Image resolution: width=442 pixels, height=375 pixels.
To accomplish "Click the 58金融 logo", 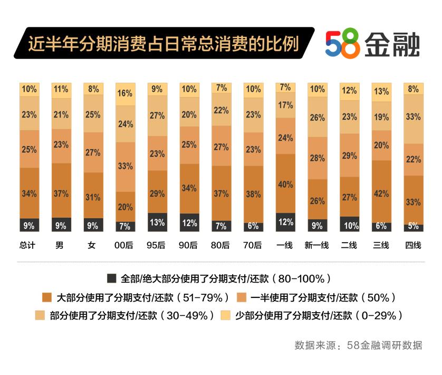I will point(372,43).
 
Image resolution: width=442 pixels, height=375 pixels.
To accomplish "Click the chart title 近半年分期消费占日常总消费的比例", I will point(163,44).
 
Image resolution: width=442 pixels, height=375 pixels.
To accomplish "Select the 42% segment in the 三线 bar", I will point(381,193).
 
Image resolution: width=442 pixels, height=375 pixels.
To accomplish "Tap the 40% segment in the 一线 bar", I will point(285,184).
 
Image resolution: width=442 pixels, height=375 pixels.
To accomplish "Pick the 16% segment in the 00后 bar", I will point(125,94).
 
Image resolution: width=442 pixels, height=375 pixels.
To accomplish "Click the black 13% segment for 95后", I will point(157,223).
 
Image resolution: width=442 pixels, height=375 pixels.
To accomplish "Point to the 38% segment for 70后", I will point(253,194).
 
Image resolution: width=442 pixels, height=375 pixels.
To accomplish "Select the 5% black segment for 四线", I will point(413,226).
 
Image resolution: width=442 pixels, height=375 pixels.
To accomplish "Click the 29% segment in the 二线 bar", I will point(349,156).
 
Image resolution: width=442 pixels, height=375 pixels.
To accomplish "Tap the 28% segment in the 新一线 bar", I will point(318,158).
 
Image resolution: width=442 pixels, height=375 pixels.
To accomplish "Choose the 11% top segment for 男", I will point(61,90).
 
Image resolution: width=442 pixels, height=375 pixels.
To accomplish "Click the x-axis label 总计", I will point(27,246).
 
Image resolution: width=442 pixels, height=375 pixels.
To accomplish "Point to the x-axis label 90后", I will point(189,246).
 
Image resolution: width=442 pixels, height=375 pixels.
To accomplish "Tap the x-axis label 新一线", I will point(317,246).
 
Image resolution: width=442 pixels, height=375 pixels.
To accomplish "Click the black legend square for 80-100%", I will point(111,278).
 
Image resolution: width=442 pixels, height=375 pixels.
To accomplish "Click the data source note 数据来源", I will point(358,345).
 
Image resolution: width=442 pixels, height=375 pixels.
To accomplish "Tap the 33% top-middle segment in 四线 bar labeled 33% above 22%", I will point(413,117).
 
